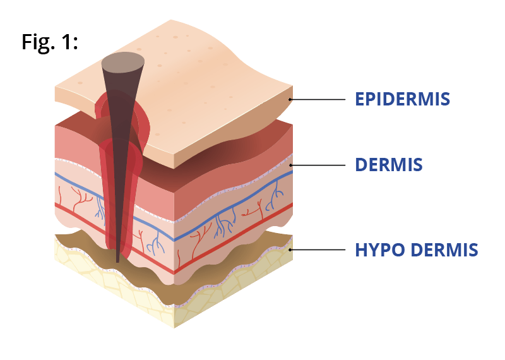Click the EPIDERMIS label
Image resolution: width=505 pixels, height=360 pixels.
click(x=402, y=99)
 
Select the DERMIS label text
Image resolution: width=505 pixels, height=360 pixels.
click(x=389, y=165)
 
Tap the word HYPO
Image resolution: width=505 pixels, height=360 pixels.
click(x=380, y=249)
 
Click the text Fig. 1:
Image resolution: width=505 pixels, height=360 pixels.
click(x=50, y=42)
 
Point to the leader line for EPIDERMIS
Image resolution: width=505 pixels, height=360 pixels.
click(x=318, y=99)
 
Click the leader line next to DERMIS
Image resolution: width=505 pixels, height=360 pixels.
click(x=318, y=165)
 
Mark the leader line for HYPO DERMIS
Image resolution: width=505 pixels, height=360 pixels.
click(x=318, y=249)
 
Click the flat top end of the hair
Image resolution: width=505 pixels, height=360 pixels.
click(x=122, y=62)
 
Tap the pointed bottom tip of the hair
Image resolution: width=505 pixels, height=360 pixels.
click(x=117, y=261)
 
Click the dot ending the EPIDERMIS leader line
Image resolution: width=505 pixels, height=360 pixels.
click(x=290, y=99)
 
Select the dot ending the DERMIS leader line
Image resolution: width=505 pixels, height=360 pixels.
click(x=290, y=165)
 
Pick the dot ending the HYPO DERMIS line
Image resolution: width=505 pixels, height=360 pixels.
click(x=290, y=249)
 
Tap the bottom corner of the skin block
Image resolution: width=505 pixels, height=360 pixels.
click(x=174, y=328)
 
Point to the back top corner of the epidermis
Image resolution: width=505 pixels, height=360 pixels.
click(x=171, y=20)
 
